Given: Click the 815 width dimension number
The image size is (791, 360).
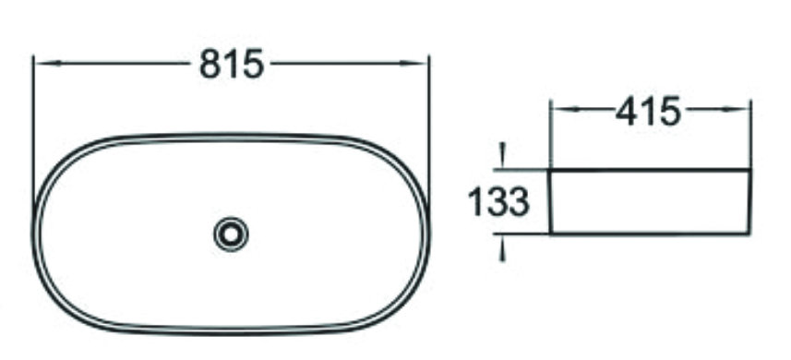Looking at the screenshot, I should point(232,64).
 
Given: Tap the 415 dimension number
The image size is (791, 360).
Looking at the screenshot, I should point(649,111).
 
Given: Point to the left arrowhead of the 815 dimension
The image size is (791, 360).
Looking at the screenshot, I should point(42,64).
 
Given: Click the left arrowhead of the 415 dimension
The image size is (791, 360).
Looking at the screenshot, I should point(559,110).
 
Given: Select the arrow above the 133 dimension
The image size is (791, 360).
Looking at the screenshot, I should point(501,155).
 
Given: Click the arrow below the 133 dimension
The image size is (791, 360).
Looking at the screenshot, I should point(501,247).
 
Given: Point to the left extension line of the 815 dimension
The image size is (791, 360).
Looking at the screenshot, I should point(33,120).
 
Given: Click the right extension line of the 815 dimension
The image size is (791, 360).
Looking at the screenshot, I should point(429,120).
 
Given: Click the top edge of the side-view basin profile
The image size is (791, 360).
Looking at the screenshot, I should point(651,170).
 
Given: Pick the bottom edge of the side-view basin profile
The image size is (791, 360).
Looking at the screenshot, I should point(651,234).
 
